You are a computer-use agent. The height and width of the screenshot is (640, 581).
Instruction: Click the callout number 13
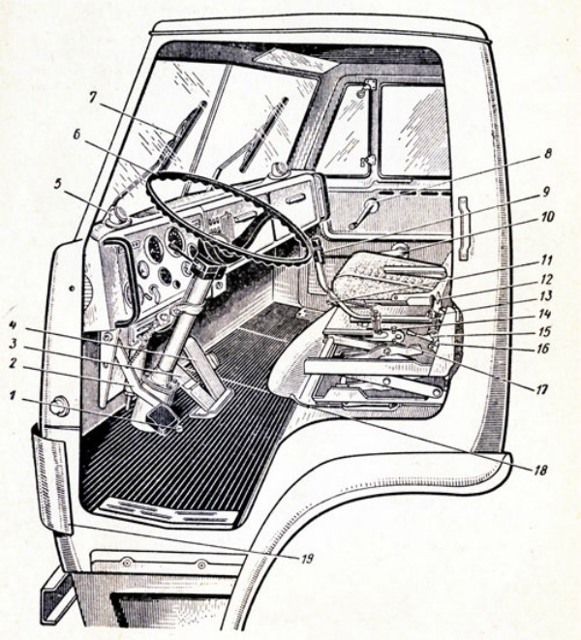tap(547, 295)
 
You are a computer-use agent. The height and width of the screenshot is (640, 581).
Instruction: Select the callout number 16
tap(547, 345)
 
